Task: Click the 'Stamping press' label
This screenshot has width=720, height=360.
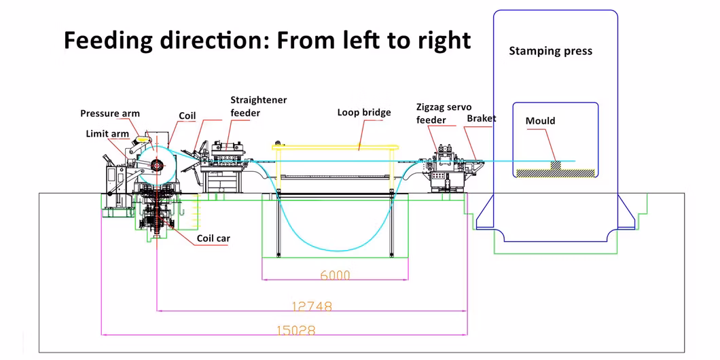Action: (x=550, y=51)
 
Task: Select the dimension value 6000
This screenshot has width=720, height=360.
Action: (x=335, y=275)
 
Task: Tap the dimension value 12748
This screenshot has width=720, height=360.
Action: (x=312, y=306)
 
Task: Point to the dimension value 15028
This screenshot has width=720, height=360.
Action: (x=296, y=330)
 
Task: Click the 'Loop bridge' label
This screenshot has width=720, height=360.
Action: (x=364, y=112)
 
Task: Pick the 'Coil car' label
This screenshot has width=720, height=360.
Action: (x=215, y=238)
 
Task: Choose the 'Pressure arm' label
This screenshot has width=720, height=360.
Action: (x=110, y=113)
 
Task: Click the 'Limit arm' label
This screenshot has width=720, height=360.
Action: (x=107, y=134)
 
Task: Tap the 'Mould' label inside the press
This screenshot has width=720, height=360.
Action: (x=540, y=121)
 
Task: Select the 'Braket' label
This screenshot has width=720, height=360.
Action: (x=481, y=118)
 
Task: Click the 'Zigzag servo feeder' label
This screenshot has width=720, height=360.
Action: (x=444, y=113)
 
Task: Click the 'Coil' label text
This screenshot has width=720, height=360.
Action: (x=187, y=116)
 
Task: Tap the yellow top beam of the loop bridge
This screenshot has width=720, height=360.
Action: (x=333, y=146)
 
